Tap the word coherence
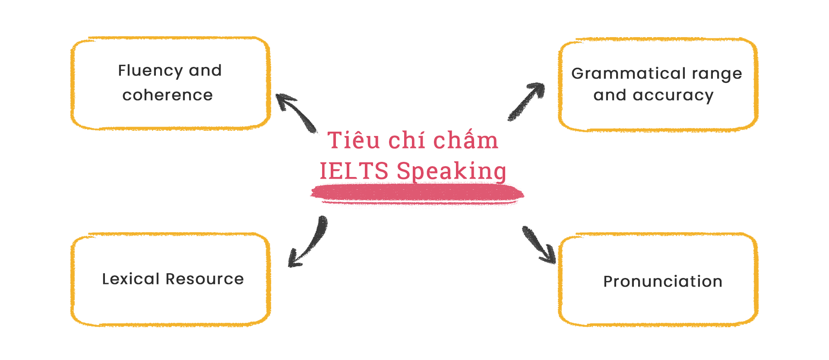168,95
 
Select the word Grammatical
628,74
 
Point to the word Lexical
130,279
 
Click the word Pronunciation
663,281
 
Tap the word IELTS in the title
354,171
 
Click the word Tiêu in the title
354,141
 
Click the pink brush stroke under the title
417,193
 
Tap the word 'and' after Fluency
205,71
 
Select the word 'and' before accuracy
609,95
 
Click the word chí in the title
406,141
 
